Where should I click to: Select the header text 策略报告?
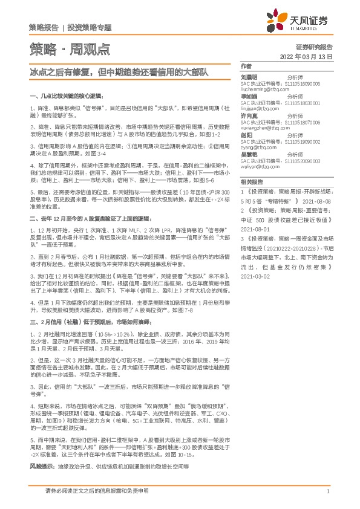coord(44,27)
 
